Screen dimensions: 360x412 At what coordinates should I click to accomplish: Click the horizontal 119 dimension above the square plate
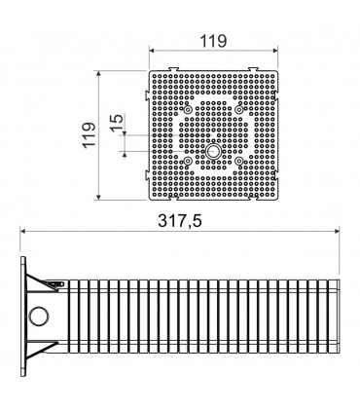click(x=213, y=41)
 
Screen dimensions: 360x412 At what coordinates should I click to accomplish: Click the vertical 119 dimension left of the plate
click(x=90, y=134)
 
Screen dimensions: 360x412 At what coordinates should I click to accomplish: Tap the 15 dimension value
click(x=117, y=123)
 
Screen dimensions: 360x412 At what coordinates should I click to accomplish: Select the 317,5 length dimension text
click(x=180, y=221)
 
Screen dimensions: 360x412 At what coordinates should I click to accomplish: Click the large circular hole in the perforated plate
click(x=213, y=151)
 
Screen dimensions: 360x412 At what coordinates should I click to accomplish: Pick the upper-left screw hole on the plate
click(x=188, y=110)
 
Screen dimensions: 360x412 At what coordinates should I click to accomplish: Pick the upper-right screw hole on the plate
click(x=239, y=110)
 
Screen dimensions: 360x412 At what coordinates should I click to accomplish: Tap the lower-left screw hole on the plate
click(x=188, y=161)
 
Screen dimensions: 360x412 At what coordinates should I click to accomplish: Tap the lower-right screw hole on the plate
click(x=239, y=161)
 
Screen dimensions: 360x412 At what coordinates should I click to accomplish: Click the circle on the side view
click(x=39, y=316)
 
